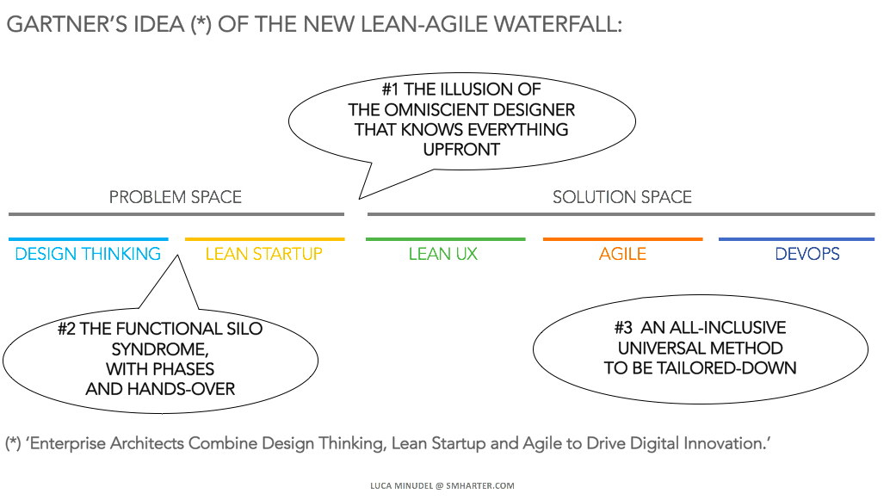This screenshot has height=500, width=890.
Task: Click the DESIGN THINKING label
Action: [x=88, y=254]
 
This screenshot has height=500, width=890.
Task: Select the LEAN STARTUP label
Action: [x=264, y=254]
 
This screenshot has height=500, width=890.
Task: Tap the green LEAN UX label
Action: [x=443, y=254]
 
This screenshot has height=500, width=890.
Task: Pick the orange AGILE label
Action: [x=622, y=254]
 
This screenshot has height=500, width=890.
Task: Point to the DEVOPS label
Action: [x=807, y=254]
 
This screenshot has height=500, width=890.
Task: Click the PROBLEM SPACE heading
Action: [x=176, y=197]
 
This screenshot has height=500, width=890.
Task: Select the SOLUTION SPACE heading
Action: [x=622, y=197]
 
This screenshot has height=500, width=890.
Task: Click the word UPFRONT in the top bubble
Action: [x=461, y=150]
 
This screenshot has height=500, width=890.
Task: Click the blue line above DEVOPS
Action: [x=796, y=239]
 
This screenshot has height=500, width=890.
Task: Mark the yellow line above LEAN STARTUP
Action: [x=264, y=239]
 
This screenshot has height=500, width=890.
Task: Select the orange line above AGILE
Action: [x=622, y=239]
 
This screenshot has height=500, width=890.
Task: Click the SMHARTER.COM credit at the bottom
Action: [x=480, y=486]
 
